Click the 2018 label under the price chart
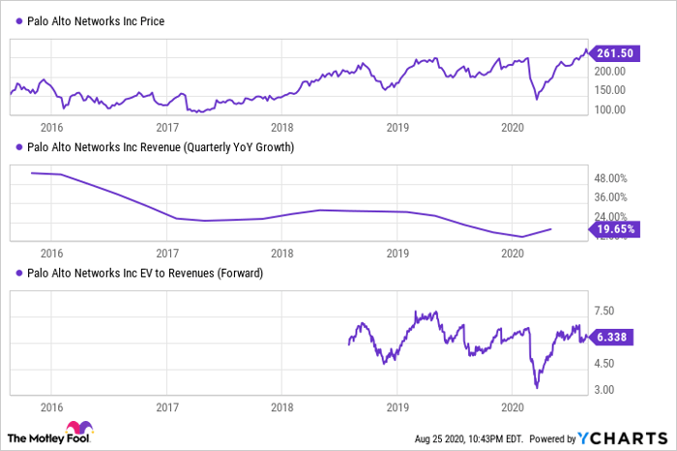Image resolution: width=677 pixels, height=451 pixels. [x=282, y=127]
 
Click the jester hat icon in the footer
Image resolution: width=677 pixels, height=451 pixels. [x=77, y=429]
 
